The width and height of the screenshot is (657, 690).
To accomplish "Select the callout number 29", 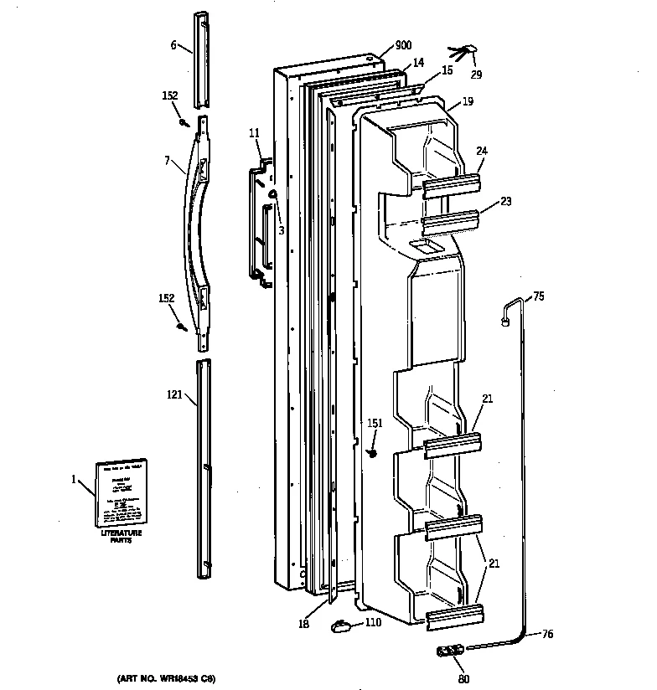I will click(x=476, y=75).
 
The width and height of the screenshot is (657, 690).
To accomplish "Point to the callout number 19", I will click(x=467, y=101).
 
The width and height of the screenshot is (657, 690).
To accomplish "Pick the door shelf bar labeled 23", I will click(x=451, y=222).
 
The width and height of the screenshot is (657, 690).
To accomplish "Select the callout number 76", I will click(x=546, y=634).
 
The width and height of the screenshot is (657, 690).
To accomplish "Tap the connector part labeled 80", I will click(x=451, y=652).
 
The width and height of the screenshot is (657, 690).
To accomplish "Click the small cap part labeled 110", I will click(x=340, y=623).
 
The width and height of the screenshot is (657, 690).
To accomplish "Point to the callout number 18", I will click(x=305, y=623).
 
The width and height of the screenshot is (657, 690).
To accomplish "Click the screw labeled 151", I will click(x=374, y=452).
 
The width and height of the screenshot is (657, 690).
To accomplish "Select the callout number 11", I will click(x=254, y=132).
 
